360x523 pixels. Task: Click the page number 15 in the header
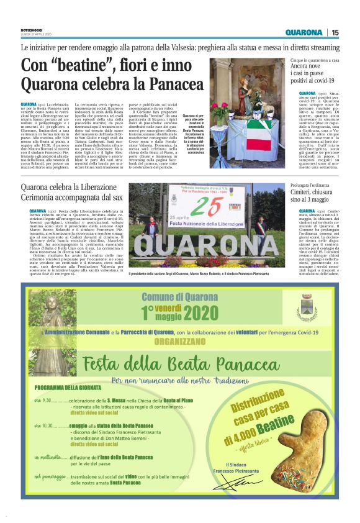(335, 32)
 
